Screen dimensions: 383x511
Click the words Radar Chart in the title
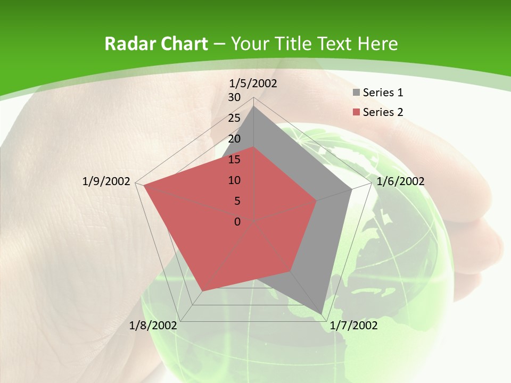[156, 44]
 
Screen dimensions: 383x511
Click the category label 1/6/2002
[400, 181]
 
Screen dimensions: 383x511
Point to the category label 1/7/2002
[353, 326]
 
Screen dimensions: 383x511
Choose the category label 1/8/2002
[153, 326]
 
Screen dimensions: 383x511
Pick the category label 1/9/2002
[106, 181]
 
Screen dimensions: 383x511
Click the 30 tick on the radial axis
[234, 97]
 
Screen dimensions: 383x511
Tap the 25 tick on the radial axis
[234, 118]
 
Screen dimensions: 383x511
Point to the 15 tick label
[234, 160]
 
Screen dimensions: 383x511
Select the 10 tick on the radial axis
[234, 180]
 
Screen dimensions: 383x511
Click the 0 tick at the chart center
[237, 222]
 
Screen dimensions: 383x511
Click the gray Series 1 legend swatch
[356, 93]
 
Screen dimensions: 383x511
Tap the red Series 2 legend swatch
[356, 112]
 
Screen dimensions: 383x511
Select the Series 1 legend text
[383, 93]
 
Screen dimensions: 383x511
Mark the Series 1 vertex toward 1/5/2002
[254, 106]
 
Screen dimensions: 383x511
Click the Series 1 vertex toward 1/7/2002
[323, 313]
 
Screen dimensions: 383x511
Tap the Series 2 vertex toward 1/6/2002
[317, 201]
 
